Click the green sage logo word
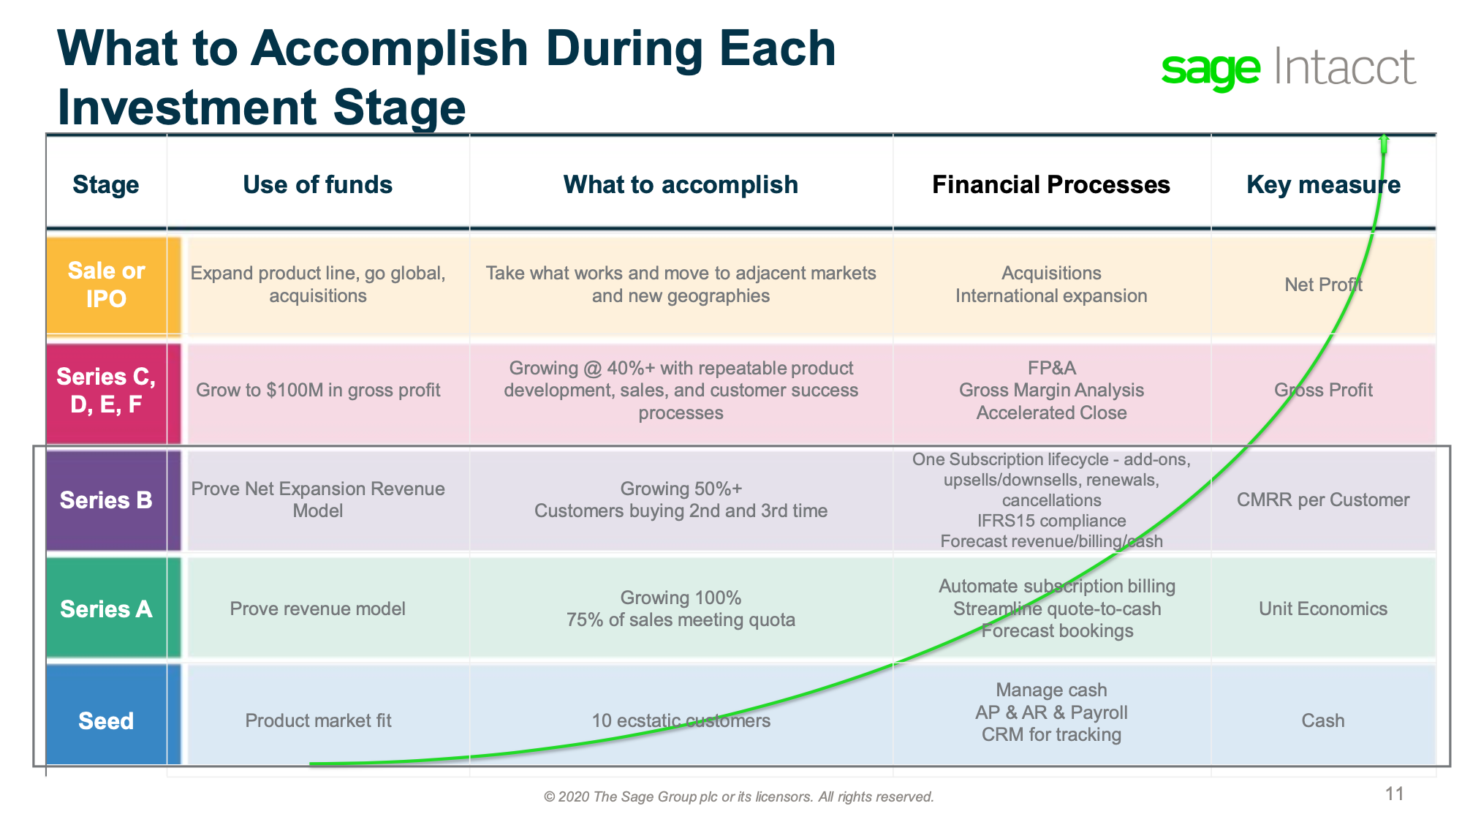1211,70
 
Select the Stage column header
106,184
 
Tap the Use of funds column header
317,184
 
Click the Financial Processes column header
1051,184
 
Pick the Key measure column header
1323,185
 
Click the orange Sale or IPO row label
106,285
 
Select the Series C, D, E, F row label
106,391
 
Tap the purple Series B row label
106,500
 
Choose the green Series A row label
106,609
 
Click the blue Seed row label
106,720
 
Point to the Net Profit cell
1323,285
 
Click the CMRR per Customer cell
1323,500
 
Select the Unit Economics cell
1323,609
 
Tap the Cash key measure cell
1323,720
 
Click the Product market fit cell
318,720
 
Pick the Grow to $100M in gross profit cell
318,390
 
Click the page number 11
1394,794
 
